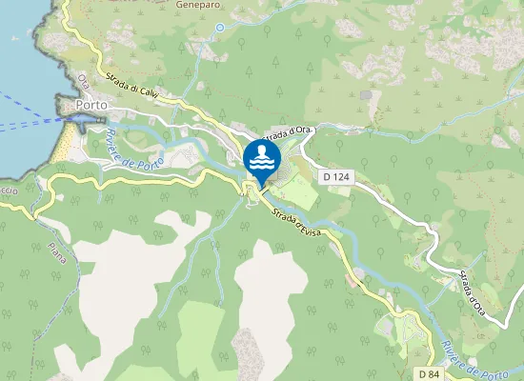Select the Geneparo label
click(x=197, y=5)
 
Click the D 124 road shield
click(x=334, y=176)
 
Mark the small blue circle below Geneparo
click(x=220, y=28)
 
